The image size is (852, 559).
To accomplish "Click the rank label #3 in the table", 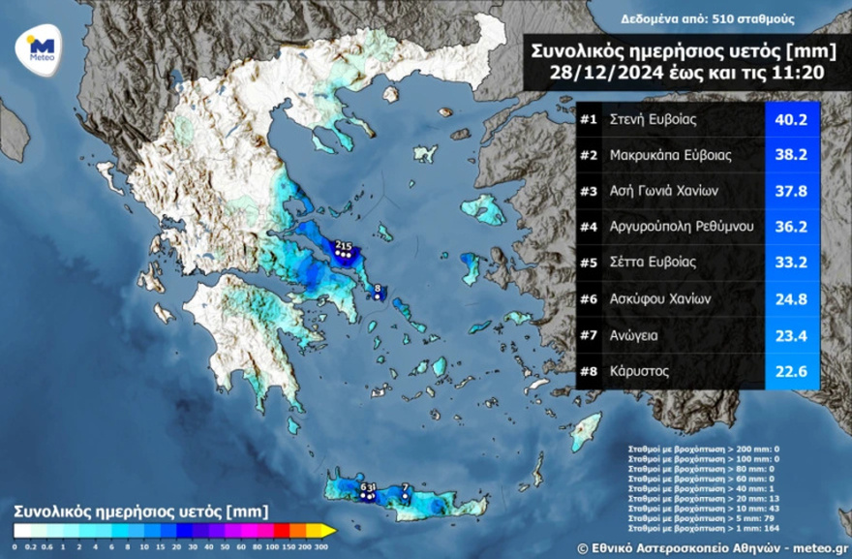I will (x=588, y=191).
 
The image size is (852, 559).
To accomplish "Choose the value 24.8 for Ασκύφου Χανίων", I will (x=793, y=298).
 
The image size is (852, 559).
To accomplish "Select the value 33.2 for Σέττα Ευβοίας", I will (x=793, y=263).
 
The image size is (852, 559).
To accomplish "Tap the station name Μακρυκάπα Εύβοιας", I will (x=670, y=155).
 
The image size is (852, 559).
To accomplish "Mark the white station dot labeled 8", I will (x=378, y=297).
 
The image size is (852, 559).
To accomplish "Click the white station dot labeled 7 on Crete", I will (x=405, y=496).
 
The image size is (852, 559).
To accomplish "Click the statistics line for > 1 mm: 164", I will (x=698, y=527).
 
